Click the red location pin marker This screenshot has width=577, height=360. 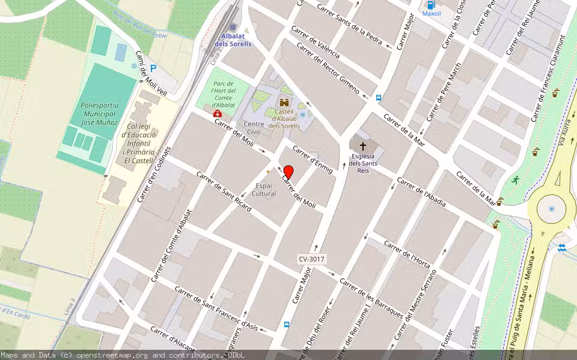point(288,172)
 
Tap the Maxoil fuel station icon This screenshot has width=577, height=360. point(431,5)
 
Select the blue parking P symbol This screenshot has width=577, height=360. point(153,69)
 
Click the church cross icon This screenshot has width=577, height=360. point(362,146)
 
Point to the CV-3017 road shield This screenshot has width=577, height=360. point(311,259)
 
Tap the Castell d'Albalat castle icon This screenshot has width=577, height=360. point(284,103)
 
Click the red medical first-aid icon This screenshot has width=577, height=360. point(218,113)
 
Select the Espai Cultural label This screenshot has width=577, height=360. point(264,190)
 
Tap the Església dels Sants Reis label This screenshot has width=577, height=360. point(363,163)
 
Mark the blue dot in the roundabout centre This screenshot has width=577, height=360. point(551,209)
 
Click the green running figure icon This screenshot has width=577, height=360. point(515,179)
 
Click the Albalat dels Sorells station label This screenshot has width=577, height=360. point(233,40)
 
